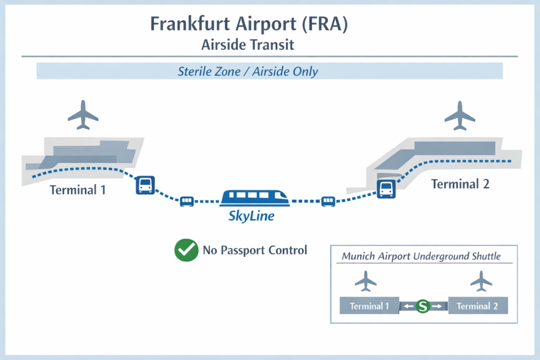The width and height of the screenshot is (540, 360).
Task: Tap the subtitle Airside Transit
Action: pos(247,45)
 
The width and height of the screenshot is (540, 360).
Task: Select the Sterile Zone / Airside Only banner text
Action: pos(247,71)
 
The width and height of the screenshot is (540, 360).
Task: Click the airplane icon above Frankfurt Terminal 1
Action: pos(83,115)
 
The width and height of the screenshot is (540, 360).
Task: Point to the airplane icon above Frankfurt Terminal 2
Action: pos(460,115)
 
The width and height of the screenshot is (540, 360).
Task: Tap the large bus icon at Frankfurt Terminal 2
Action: pos(387,189)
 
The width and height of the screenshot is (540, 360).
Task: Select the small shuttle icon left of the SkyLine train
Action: pos(187,201)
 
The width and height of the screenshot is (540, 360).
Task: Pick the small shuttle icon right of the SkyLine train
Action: pos(329,201)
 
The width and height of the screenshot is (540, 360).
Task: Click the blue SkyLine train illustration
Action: pos(255,198)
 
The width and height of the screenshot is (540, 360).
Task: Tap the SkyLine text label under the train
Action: pos(251,216)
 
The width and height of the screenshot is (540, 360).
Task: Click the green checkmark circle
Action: pos(186,250)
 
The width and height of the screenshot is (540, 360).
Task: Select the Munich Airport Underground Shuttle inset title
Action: pos(421,257)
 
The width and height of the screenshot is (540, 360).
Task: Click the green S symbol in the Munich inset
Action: pos(422,306)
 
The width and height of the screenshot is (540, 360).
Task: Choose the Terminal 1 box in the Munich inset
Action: pos(369,306)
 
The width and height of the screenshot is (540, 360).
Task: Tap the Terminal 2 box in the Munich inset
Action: pos(477,306)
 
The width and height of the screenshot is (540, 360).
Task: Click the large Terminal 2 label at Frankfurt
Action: pos(460,184)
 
